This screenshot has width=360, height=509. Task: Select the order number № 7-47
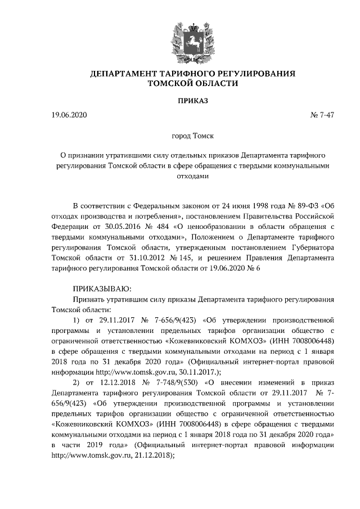(322, 116)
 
